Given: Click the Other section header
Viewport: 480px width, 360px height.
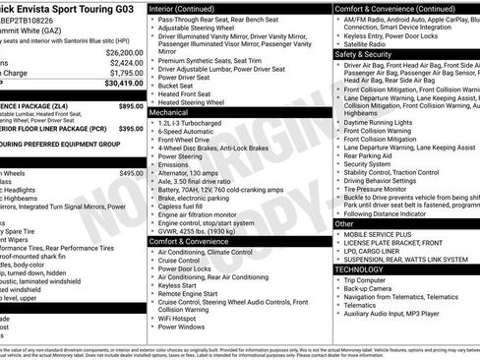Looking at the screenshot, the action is (x=344, y=224).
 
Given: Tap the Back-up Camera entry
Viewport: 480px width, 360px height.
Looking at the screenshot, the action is (x=372, y=288).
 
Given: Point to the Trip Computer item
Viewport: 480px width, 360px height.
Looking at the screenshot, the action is (x=369, y=279).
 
